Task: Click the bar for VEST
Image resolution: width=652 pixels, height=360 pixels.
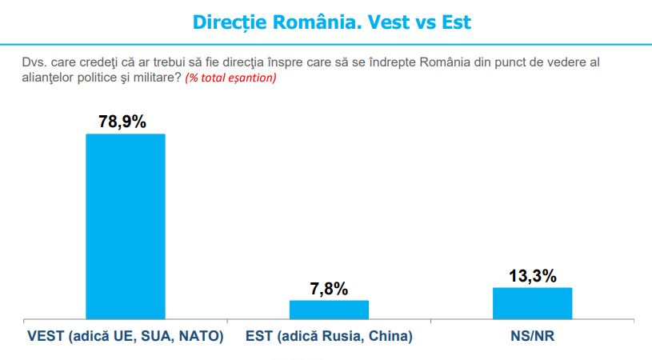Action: (x=126, y=226)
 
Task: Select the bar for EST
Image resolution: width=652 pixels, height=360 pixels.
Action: (x=329, y=310)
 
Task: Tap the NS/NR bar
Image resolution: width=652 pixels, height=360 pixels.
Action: (x=532, y=303)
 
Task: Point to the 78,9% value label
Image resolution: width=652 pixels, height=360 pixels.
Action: (x=122, y=122)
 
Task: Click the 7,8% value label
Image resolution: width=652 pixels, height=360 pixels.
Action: (x=329, y=289)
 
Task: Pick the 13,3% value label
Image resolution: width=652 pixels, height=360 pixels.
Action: (x=533, y=276)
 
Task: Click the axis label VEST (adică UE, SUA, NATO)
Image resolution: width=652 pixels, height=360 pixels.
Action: (x=126, y=336)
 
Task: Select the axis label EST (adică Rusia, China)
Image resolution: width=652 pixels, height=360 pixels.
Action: (x=329, y=336)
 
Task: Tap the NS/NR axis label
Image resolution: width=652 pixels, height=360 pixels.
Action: (x=532, y=336)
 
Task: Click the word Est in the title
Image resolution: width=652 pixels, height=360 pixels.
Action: (x=456, y=22)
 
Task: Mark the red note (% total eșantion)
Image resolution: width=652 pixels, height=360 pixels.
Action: (x=230, y=78)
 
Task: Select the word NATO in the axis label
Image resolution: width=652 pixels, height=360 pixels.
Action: (x=202, y=336)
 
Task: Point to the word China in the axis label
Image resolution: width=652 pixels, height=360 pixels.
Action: (x=390, y=336)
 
